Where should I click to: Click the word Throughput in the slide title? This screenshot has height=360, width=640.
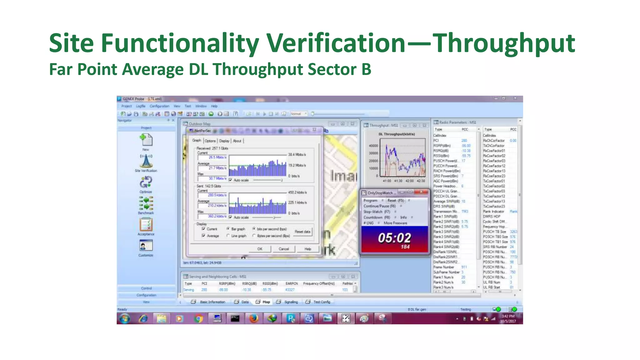504,44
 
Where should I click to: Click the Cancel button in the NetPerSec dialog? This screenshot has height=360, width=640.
283,249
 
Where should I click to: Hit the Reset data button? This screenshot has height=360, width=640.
302,232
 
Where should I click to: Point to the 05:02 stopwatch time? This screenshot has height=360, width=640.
394,238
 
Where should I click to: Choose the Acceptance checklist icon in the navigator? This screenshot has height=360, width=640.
146,224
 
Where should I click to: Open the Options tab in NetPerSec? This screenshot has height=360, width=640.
210,141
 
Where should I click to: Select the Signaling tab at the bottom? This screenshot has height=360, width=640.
291,302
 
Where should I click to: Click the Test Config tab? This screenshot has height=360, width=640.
321,302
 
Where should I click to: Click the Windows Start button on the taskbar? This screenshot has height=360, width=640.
125,318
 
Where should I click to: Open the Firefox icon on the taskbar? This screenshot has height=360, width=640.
253,318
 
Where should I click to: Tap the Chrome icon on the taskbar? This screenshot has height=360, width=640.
198,318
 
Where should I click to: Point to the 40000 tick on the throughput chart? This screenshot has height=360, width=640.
373,146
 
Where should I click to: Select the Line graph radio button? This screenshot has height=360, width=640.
228,236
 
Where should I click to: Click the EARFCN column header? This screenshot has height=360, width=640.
291,283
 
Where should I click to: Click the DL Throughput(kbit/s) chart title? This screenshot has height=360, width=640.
397,134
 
